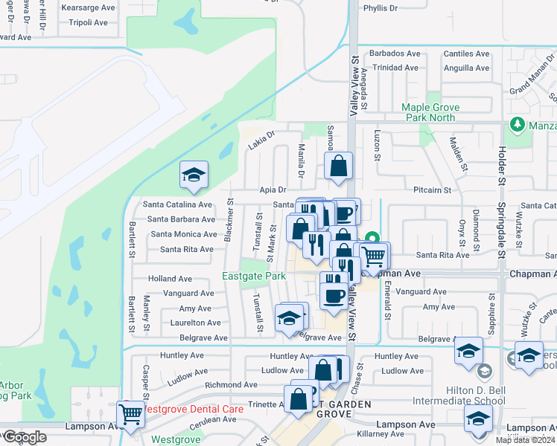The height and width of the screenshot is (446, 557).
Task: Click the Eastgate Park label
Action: [x=254, y=277]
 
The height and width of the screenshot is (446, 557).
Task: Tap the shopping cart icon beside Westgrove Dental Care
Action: [x=131, y=416]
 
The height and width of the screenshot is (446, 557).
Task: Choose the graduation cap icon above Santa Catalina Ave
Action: [x=194, y=175]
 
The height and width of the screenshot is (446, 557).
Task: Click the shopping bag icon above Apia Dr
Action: [x=338, y=167]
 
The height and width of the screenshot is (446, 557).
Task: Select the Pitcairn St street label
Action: [x=433, y=190]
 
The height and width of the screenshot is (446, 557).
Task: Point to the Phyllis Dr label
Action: [x=381, y=8]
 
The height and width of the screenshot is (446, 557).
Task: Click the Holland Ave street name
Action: [x=170, y=279]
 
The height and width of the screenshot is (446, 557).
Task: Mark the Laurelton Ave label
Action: [x=194, y=323]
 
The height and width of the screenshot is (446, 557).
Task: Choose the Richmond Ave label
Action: [x=231, y=385]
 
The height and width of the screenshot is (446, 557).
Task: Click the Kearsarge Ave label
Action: [x=89, y=7]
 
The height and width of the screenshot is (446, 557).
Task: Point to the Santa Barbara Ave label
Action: [x=181, y=219]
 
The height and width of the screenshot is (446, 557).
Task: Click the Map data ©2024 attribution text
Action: [x=524, y=440]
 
